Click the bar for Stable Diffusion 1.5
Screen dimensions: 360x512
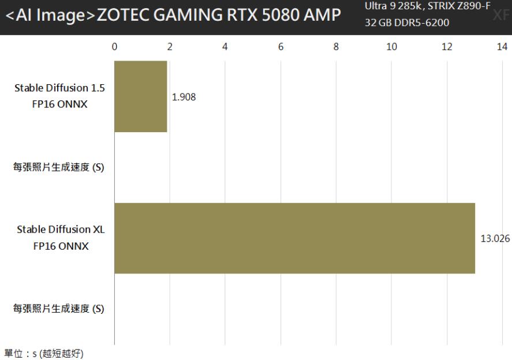141,96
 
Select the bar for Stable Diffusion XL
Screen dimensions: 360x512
294,238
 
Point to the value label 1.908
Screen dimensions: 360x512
184,97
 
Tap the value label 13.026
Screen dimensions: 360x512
495,238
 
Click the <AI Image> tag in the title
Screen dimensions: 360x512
50,17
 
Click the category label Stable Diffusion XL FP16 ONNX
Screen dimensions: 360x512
61,237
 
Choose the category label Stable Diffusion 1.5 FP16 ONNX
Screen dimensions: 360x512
61,96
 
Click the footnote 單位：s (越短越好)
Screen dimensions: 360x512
44,353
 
